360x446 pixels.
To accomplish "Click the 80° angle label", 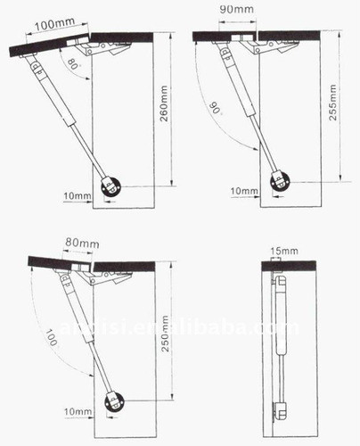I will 70,65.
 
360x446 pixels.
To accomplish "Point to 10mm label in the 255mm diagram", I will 242,191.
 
